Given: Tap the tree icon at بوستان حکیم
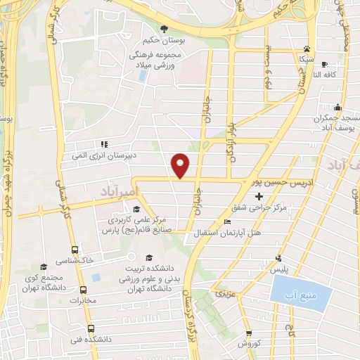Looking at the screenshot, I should [x=164, y=28].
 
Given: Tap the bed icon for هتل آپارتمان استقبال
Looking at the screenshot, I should [x=226, y=222].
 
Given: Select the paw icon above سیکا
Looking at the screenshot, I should [x=307, y=49].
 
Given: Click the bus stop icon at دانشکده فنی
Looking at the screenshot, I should [x=91, y=328].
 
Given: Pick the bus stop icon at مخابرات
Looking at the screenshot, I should [x=84, y=290].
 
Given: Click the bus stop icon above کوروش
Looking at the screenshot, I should [x=248, y=333].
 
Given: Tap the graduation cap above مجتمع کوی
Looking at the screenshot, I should [x=44, y=266].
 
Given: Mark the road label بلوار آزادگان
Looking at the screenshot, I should [x=230, y=135].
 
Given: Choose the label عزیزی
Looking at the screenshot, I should [x=224, y=290].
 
